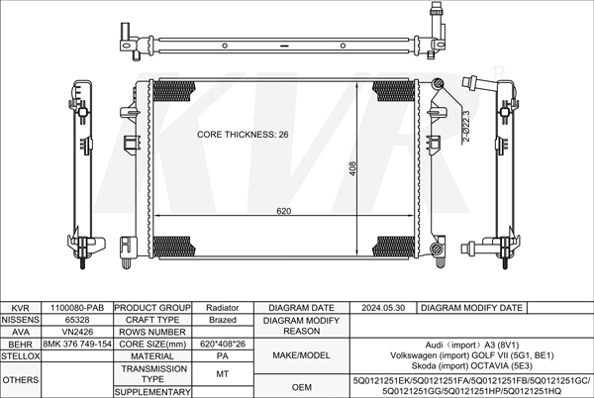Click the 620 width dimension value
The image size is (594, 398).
pyautogui.click(x=283, y=211)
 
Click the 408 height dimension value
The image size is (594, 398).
pyautogui.click(x=352, y=169)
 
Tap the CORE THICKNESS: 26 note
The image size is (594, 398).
pyautogui.click(x=243, y=135)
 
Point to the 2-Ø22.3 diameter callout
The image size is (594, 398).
pyautogui.click(x=466, y=126)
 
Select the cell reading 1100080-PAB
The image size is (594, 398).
pyautogui.click(x=77, y=308)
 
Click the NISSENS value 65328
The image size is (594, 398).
pyautogui.click(x=77, y=320)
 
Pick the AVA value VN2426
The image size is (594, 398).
pyautogui.click(x=77, y=332)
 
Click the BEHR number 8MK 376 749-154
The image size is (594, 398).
pyautogui.click(x=77, y=344)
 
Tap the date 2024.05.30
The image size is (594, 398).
pyautogui.click(x=383, y=308)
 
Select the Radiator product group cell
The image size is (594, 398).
pyautogui.click(x=223, y=308)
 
